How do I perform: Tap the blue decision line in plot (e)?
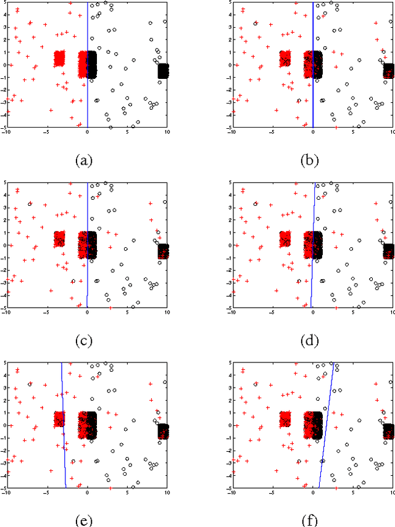(x=64, y=431)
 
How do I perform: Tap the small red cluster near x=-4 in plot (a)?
(x=59, y=59)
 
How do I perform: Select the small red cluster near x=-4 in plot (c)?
(x=59, y=239)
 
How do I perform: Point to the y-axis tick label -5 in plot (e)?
(x=2, y=488)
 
